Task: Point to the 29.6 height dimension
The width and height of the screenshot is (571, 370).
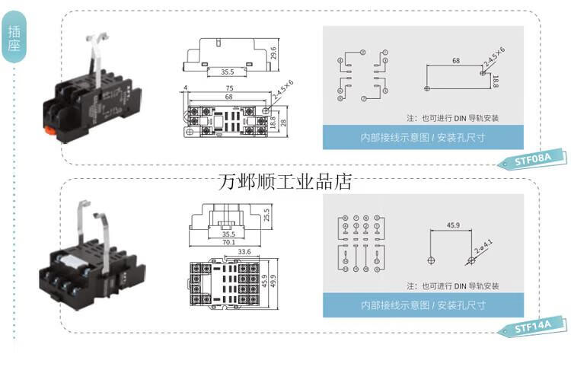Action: pos(273,55)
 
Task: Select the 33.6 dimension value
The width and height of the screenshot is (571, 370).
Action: pos(244,252)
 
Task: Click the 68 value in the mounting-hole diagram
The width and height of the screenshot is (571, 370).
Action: pos(455,59)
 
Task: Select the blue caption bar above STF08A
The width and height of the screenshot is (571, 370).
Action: pos(423,138)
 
